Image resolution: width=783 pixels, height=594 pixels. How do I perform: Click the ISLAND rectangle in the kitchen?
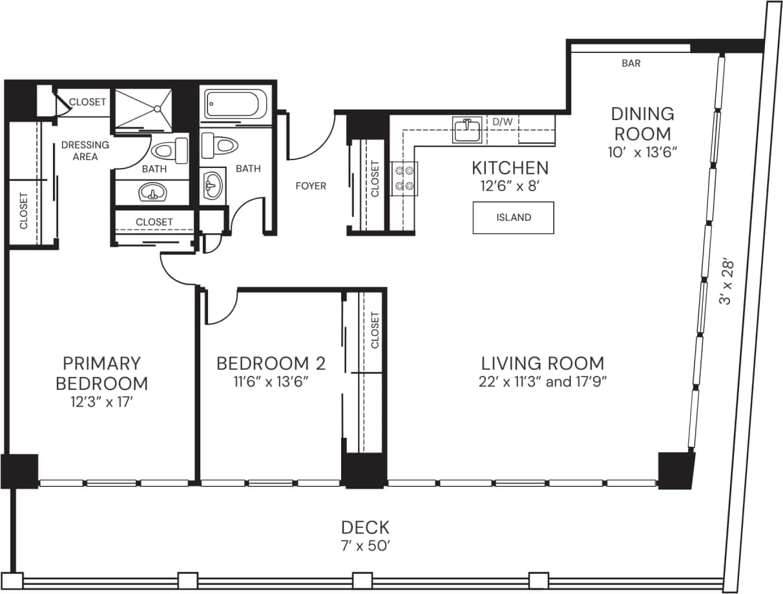pyautogui.click(x=513, y=218)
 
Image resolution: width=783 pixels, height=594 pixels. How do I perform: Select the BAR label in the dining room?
pyautogui.click(x=631, y=63)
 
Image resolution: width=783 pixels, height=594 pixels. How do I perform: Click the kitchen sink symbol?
pyautogui.click(x=466, y=129)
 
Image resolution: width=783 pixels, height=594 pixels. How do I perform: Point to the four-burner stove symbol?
pyautogui.click(x=404, y=178)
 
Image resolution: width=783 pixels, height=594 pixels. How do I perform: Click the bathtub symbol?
pyautogui.click(x=236, y=104)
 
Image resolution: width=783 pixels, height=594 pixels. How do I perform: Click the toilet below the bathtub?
pyautogui.click(x=215, y=144)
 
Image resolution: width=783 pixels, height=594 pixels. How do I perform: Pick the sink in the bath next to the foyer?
pyautogui.click(x=212, y=187)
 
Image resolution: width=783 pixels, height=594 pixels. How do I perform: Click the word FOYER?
pyautogui.click(x=311, y=186)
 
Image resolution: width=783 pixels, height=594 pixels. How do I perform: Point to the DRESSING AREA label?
pyautogui.click(x=85, y=150)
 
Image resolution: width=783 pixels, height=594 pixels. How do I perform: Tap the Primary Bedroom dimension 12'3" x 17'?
pyautogui.click(x=101, y=404)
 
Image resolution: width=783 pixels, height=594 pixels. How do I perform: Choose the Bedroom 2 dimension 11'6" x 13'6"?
pyautogui.click(x=271, y=382)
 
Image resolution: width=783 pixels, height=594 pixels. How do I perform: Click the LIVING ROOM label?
pyautogui.click(x=543, y=363)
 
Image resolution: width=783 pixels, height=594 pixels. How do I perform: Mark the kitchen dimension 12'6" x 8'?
pyautogui.click(x=510, y=187)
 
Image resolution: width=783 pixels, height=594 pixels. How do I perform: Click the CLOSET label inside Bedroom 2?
pyautogui.click(x=375, y=331)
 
